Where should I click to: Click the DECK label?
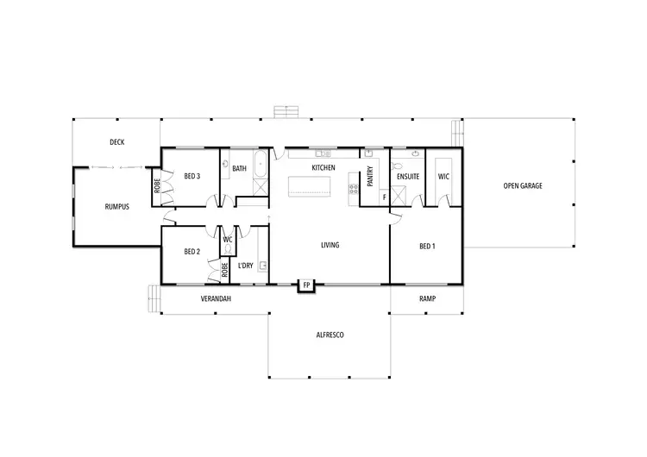117,142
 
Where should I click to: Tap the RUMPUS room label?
116,207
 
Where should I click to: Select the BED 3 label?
192,177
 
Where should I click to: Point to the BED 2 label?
192,252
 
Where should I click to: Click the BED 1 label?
427,246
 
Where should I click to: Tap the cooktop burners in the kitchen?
352,185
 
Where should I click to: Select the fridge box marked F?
384,197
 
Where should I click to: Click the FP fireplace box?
306,285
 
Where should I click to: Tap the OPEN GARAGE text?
523,185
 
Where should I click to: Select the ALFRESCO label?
330,334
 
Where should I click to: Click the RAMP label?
427,299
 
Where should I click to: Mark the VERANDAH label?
216,299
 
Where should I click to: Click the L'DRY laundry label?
246,265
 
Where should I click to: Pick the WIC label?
443,177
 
